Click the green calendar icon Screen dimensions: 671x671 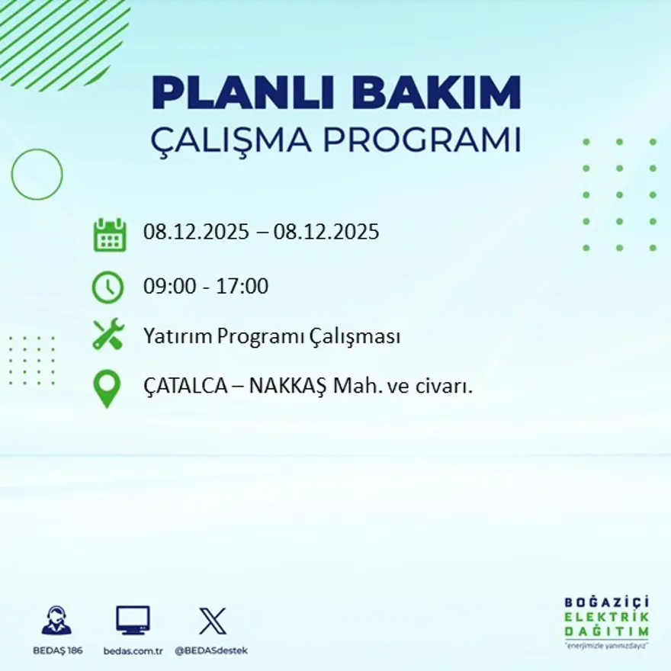(x=109, y=235)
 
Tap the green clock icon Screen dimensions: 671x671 (x=108, y=287)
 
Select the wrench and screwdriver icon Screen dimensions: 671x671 (x=108, y=335)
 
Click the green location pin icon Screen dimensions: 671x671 (x=107, y=387)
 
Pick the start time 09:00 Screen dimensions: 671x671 (x=167, y=287)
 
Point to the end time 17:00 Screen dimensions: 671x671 (x=245, y=287)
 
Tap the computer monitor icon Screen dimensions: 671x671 (x=133, y=620)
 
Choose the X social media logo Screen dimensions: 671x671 (x=212, y=620)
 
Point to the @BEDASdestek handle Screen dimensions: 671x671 (x=211, y=650)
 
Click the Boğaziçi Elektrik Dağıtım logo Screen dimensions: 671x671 (x=607, y=621)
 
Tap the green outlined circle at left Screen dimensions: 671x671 (x=37, y=175)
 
